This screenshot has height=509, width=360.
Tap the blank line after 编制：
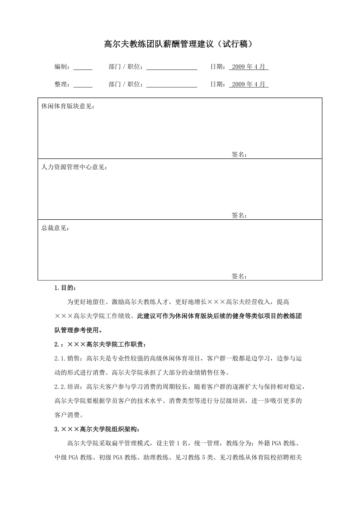pyautogui.click(x=83, y=68)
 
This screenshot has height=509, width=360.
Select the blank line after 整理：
pyautogui.click(x=83, y=85)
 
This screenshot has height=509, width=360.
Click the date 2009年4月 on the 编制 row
pyautogui.click(x=248, y=67)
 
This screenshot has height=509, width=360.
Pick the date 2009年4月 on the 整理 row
pyautogui.click(x=248, y=84)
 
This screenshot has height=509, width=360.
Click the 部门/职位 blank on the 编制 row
pyautogui.click(x=172, y=68)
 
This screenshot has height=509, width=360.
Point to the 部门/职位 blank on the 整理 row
pyautogui.click(x=172, y=85)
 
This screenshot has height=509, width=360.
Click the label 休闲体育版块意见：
pyautogui.click(x=68, y=106)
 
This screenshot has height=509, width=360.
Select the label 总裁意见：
pyautogui.click(x=56, y=228)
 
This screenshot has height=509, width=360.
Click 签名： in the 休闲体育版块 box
pyautogui.click(x=239, y=155)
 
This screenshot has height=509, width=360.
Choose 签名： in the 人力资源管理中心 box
pyautogui.click(x=239, y=215)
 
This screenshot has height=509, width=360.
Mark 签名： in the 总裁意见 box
pyautogui.click(x=239, y=276)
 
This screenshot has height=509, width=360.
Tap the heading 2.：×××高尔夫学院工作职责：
pyautogui.click(x=101, y=345)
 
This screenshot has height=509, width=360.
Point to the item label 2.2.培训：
pyautogui.click(x=68, y=387)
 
